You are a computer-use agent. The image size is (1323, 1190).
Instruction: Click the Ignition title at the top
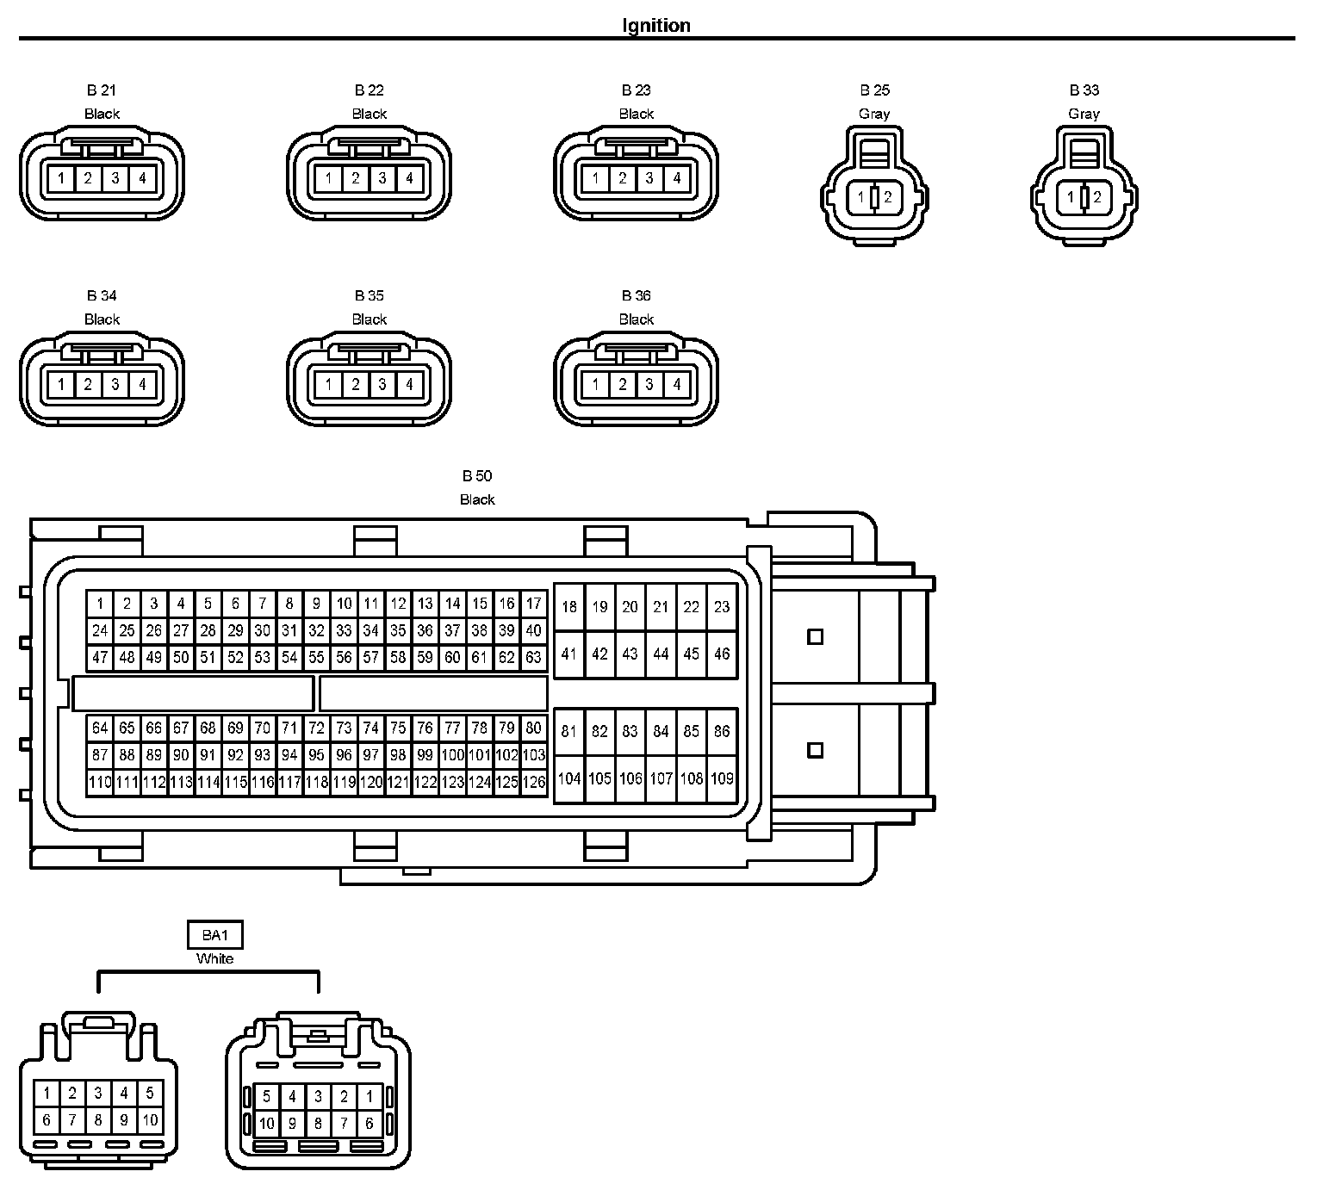coord(656,26)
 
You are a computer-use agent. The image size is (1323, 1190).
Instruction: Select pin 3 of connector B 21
coord(115,179)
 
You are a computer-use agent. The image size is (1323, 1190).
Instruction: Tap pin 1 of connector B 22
coord(328,179)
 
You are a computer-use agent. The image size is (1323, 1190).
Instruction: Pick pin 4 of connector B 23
coord(677,179)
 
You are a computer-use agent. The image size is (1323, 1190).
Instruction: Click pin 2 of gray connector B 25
coord(888,198)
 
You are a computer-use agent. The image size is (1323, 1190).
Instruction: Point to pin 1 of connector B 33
coord(1071,198)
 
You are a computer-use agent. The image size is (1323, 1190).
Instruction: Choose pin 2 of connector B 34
coord(88,384)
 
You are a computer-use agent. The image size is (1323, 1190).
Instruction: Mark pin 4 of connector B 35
coord(410,384)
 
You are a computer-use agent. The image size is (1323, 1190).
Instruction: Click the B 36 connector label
coord(637,296)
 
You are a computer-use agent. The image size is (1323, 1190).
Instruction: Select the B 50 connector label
coord(477,476)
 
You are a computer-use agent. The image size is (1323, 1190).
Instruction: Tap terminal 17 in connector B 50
coord(534,604)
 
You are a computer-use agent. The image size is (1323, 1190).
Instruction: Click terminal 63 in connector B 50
coord(534,658)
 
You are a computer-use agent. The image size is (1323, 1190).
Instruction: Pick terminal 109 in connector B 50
coord(722,778)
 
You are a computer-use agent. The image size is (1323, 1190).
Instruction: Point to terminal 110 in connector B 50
coord(100,782)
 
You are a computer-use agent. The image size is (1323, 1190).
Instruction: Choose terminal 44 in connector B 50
coord(661,654)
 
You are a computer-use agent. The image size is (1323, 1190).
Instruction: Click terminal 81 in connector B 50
coord(568,732)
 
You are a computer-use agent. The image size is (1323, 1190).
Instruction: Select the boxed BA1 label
coord(214,935)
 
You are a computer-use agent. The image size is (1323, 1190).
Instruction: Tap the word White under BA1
coord(214,958)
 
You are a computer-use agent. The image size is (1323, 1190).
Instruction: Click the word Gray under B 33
coord(1084,114)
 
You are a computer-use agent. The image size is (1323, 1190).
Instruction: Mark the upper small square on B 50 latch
coord(815,637)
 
